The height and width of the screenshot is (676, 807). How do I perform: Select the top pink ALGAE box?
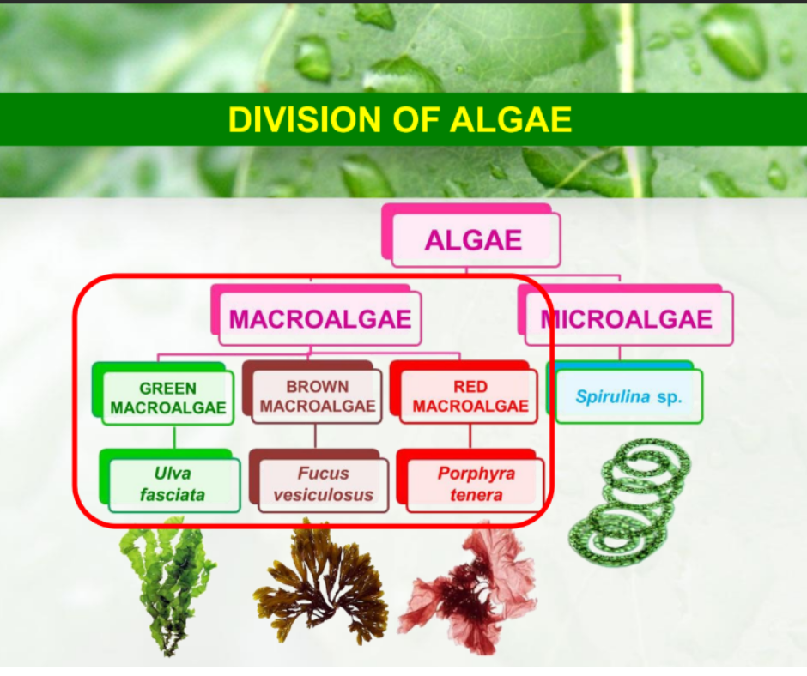(474, 239)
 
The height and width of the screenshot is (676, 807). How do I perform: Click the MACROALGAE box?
(320, 320)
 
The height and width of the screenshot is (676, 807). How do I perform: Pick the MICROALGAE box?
(628, 320)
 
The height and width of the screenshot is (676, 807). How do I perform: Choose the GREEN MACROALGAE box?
(167, 398)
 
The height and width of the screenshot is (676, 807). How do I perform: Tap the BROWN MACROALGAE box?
(318, 397)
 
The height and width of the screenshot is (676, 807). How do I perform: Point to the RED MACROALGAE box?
(470, 397)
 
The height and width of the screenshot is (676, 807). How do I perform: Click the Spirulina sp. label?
(628, 397)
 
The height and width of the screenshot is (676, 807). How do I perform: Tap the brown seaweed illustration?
(319, 583)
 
